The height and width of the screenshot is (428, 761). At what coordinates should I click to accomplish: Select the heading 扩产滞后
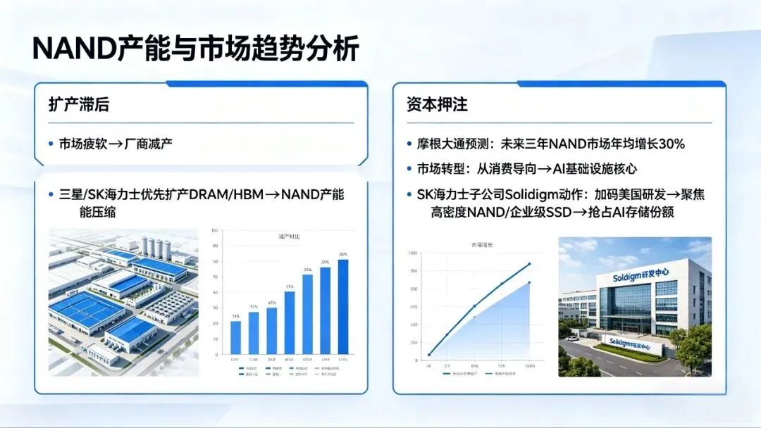[78, 105]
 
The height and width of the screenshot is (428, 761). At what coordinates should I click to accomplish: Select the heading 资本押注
[437, 105]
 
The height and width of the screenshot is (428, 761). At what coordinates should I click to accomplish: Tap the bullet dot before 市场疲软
[51, 144]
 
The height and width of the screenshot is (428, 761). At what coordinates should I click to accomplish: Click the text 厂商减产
[149, 144]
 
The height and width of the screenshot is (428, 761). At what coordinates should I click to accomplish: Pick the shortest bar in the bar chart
[235, 336]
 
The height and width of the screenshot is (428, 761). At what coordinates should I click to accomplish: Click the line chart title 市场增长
[482, 244]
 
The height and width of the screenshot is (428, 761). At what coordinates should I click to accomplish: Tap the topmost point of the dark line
[529, 264]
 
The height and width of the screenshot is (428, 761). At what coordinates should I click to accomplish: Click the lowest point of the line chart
[429, 355]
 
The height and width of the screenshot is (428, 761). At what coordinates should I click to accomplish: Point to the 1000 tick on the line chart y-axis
[413, 252]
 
